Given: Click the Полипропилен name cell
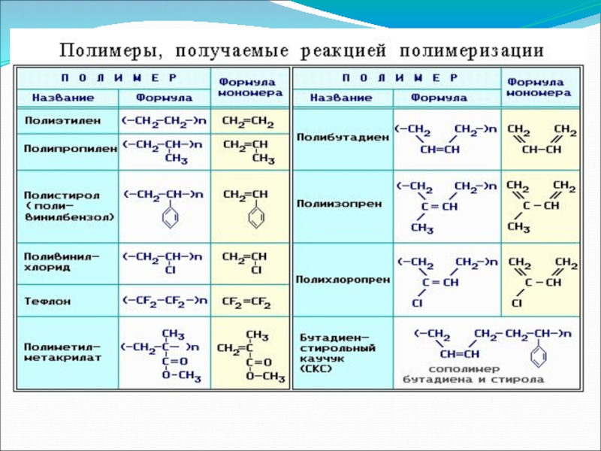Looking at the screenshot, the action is click(x=67, y=148).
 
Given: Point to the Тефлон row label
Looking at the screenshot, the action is click(x=44, y=301).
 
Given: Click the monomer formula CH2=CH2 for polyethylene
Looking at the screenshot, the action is click(x=248, y=121).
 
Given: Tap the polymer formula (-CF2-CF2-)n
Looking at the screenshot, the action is click(x=164, y=301).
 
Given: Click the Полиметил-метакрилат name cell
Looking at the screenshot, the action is click(x=62, y=353).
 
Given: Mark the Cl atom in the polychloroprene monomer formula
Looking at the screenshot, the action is click(x=517, y=303).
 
